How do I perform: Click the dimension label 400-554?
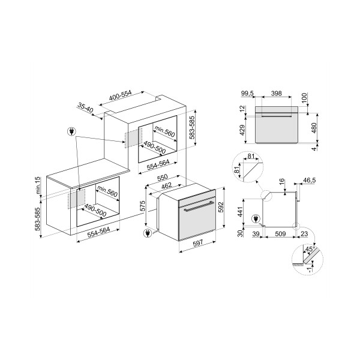point(120,96)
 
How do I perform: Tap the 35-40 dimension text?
point(85,107)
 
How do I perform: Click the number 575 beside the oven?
point(143,206)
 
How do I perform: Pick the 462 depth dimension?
point(167,185)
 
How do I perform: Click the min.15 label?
point(38,186)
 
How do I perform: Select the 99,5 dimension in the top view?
point(247,94)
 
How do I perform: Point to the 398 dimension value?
point(276,94)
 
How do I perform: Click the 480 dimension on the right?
point(314,128)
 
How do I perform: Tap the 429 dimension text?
point(242,130)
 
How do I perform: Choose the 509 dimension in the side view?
point(280,234)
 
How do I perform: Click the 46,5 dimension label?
point(309,180)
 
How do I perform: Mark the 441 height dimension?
point(240,212)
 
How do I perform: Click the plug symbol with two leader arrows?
point(71,131)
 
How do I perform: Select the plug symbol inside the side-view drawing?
point(256,219)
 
